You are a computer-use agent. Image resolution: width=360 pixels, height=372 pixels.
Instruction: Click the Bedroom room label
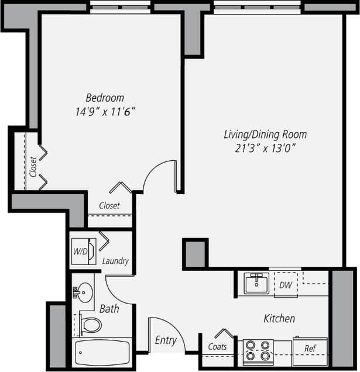pyautogui.click(x=105, y=98)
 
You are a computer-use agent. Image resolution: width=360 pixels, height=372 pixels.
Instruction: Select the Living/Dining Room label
pyautogui.click(x=265, y=135)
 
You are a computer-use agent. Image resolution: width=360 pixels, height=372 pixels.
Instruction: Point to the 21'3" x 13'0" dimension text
pyautogui.click(x=265, y=147)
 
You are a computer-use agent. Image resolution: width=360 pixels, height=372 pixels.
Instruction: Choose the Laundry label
pyautogui.click(x=115, y=261)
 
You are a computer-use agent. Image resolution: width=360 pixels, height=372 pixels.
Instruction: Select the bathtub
pyautogui.click(x=102, y=353)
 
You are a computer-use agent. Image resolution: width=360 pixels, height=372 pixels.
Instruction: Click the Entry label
pyautogui.click(x=166, y=340)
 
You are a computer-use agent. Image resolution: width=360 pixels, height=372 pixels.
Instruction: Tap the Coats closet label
pyautogui.click(x=218, y=347)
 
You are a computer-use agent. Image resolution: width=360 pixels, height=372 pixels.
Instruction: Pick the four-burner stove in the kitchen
pyautogui.click(x=258, y=350)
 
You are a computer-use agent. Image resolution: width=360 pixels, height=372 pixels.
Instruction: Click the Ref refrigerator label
pyautogui.click(x=310, y=349)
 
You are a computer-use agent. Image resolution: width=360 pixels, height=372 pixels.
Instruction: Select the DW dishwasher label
pyautogui.click(x=285, y=285)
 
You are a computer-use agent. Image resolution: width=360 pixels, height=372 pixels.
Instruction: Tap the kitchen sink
pyautogui.click(x=256, y=284)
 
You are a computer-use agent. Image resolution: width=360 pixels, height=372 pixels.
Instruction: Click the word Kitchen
pyautogui.click(x=279, y=319)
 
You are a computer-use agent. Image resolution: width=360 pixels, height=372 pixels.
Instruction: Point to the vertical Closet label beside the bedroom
pyautogui.click(x=33, y=167)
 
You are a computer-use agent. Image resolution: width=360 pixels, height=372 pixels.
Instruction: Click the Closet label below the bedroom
pyautogui.click(x=109, y=206)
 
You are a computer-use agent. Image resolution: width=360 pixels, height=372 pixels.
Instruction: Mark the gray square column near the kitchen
pyautogui.click(x=196, y=253)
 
